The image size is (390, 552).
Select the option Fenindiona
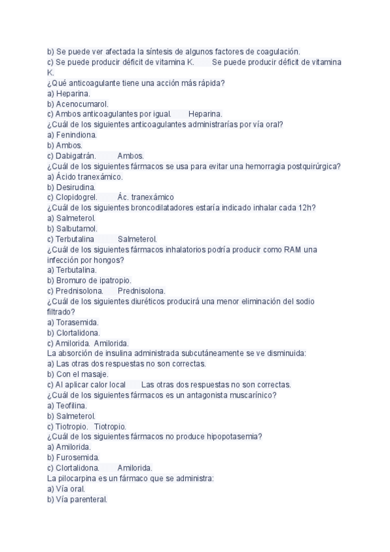76,135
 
